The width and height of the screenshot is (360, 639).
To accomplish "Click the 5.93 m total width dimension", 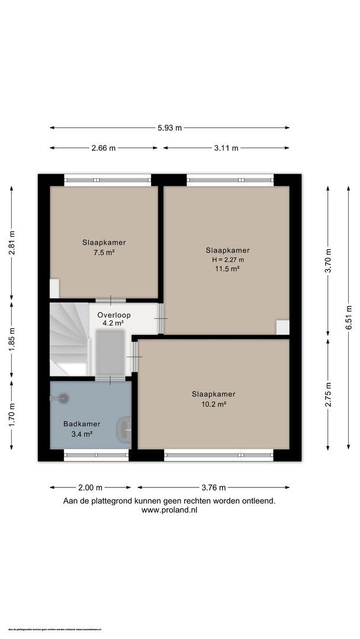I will tap(169, 128).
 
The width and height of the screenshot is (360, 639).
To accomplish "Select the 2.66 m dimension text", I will tap(104, 148).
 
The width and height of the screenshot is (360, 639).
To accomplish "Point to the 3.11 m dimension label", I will tap(226, 148).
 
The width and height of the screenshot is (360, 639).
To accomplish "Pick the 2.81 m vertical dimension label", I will tap(11, 242).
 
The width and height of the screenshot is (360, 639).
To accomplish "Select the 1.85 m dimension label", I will tap(11, 340).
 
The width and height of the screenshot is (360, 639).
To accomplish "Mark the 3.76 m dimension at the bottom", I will tap(214, 488).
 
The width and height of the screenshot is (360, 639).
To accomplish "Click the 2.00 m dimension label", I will tap(91, 488).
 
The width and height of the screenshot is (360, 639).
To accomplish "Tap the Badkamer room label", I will tap(82, 424).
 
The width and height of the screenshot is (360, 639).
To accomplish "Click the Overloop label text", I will tap(114, 315).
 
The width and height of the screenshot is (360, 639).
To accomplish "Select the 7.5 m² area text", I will tap(104, 252).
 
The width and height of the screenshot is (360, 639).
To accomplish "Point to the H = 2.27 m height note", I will tap(227, 259).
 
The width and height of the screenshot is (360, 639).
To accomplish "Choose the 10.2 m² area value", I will tap(213, 404).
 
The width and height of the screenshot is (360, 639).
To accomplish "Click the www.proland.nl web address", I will tap(169, 510).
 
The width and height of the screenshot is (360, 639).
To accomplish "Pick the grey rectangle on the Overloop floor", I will tap(110, 353).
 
